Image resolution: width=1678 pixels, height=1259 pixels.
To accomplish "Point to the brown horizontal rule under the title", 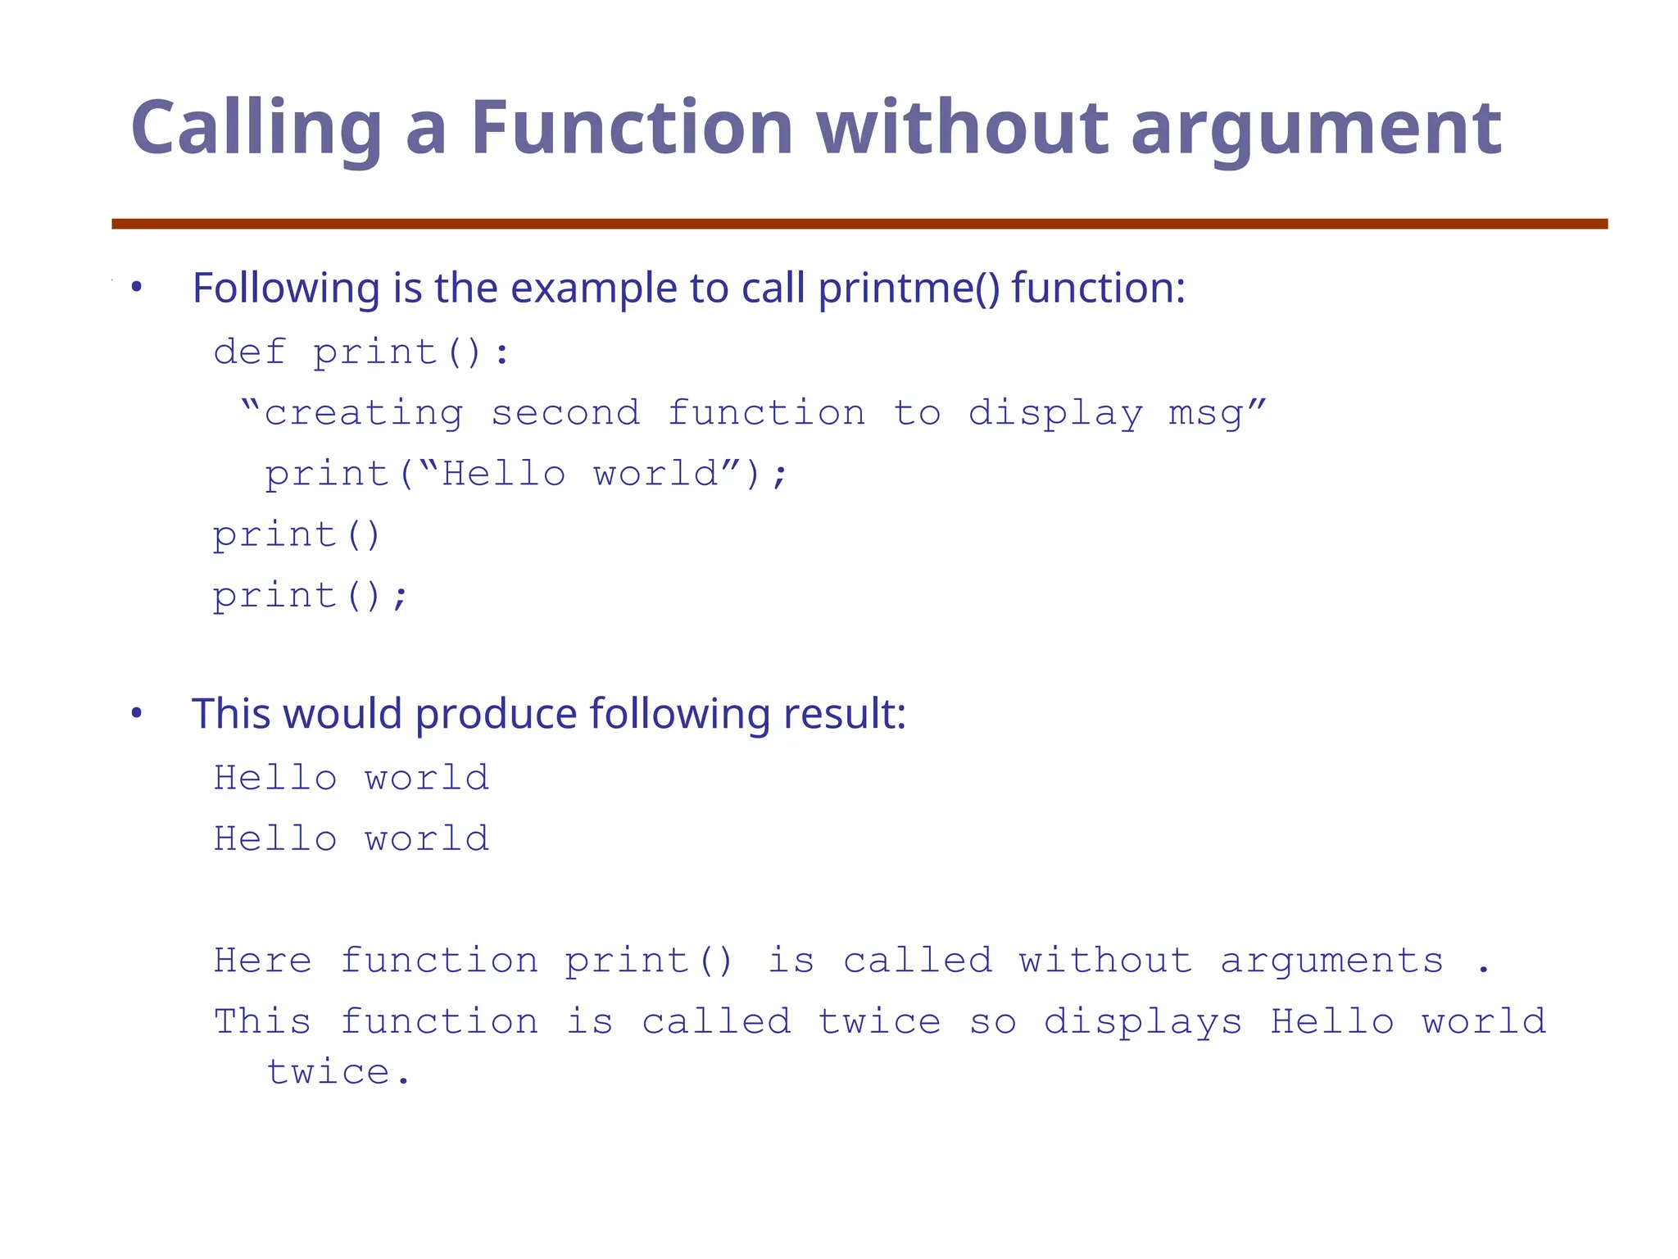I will [x=859, y=224].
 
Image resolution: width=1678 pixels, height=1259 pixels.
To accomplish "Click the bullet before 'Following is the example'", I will [x=137, y=288].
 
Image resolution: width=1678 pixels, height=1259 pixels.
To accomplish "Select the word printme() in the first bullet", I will [x=909, y=289].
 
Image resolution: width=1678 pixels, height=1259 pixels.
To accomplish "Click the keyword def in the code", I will [x=250, y=352].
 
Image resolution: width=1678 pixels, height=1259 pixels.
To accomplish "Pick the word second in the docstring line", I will [x=565, y=412].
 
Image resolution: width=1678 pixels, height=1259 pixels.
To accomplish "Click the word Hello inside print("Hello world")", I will [x=503, y=474].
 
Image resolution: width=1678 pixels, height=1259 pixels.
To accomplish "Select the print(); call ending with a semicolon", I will [x=310, y=596].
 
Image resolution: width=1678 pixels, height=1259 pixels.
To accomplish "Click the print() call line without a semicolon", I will [x=297, y=535].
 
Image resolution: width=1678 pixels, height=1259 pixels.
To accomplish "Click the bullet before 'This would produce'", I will [x=137, y=713].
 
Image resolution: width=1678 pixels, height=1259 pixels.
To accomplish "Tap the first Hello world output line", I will [x=351, y=778].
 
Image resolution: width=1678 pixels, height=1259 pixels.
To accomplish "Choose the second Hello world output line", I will [x=351, y=839].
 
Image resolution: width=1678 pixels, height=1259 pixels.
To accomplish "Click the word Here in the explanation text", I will [x=263, y=961].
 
